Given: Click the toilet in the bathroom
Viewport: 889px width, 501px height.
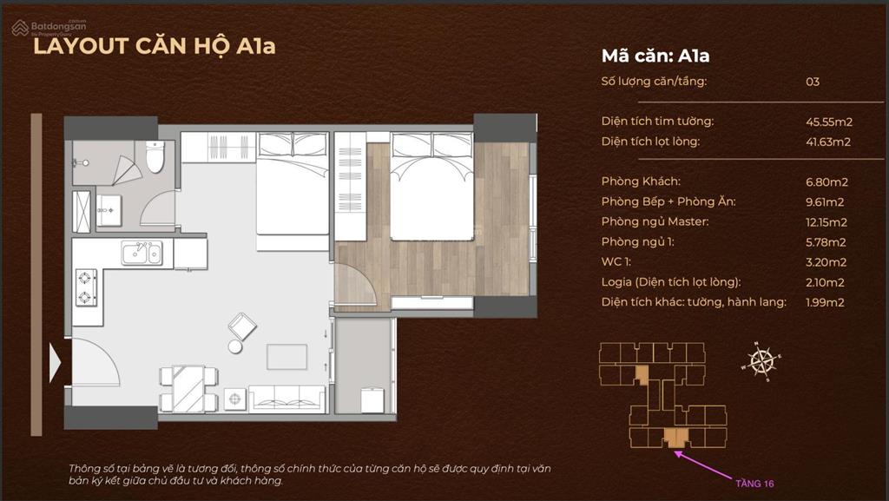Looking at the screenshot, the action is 155,156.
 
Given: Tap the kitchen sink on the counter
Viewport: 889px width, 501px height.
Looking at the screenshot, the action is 142,253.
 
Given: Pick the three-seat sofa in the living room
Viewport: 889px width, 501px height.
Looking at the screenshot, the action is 286,399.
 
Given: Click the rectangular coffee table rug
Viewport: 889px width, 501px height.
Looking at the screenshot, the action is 286,357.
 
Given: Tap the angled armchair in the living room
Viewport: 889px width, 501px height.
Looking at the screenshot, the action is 242,326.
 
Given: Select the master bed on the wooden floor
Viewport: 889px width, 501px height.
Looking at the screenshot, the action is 431,187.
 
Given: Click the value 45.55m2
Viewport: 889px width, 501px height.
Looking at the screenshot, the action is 829,122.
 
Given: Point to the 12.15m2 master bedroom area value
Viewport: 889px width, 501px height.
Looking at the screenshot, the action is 826,222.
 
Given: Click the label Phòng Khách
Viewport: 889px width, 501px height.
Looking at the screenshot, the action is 641,181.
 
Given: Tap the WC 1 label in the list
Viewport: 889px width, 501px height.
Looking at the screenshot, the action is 616,262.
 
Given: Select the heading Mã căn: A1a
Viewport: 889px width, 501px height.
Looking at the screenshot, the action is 655,56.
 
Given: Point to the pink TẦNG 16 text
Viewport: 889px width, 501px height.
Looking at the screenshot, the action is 754,484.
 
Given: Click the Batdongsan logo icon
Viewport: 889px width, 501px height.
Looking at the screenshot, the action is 20,27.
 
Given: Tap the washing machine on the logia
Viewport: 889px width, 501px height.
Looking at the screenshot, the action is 372,400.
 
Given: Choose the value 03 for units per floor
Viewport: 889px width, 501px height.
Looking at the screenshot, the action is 813,82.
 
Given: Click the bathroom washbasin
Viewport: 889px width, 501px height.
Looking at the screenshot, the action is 109,210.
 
